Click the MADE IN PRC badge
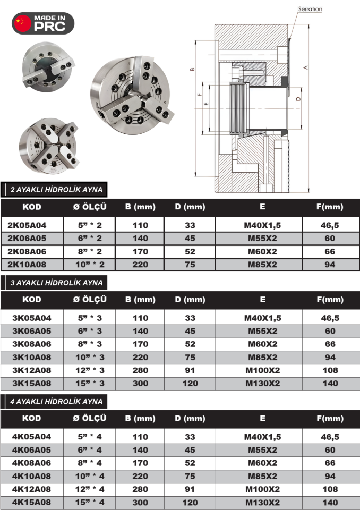coord(43,23)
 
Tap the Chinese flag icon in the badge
coord(23,23)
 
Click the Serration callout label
coord(310,9)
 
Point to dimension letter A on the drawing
coord(305,67)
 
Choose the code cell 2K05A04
coord(31,225)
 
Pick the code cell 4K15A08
coord(31,502)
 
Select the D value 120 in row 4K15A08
coord(190,502)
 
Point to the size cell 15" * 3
coord(90,384)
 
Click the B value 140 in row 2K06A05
coord(140,239)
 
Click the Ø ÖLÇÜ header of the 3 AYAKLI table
coord(90,299)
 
